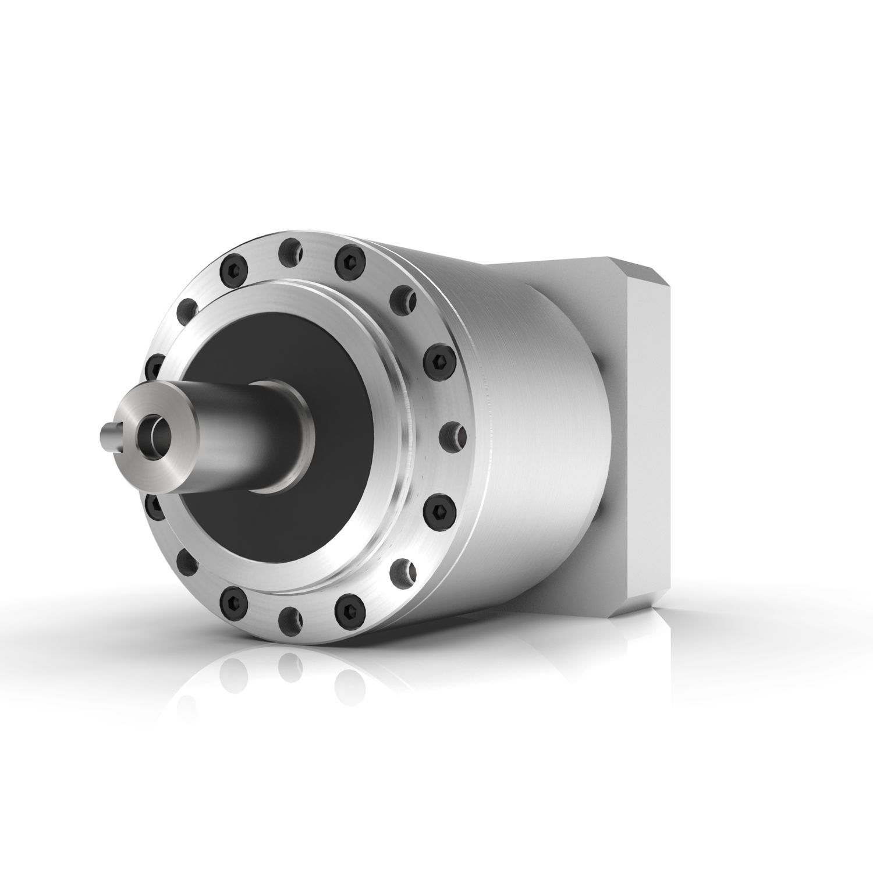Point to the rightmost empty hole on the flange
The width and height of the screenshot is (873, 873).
click(453, 433)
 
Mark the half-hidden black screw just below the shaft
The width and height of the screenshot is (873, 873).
click(153, 505)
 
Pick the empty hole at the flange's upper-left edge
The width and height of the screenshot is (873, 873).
click(189, 307)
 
